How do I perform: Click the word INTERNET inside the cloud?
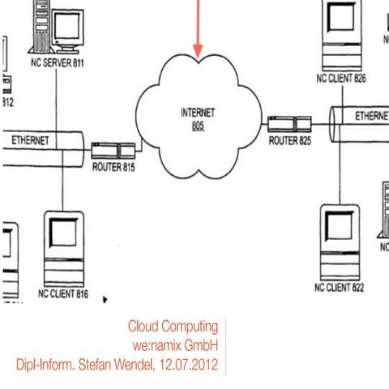tap(198, 113)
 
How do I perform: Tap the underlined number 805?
tap(198, 126)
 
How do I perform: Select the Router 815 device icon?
tap(113, 149)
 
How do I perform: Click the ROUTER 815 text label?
tap(113, 168)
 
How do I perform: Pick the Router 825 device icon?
tap(289, 123)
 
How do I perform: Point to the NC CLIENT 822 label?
tap(341, 288)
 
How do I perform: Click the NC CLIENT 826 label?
tap(341, 79)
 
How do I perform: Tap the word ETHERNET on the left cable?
tap(30, 140)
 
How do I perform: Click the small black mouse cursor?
tap(105, 300)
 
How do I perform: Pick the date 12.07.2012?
tap(188, 365)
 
